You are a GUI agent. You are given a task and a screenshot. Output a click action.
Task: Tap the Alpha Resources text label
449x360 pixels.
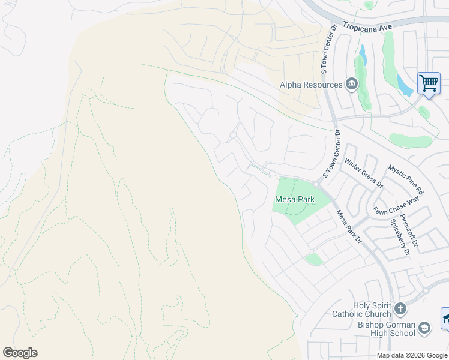[310, 85]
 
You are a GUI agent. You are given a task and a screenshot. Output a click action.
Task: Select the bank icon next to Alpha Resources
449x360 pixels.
[351, 85]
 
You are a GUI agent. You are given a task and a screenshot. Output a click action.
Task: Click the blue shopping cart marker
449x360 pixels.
[429, 83]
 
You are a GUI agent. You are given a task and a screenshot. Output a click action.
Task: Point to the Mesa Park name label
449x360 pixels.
[295, 199]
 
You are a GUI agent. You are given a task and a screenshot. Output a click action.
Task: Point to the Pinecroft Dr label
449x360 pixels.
[411, 231]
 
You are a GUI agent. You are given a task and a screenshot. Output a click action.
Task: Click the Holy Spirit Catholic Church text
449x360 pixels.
[362, 310]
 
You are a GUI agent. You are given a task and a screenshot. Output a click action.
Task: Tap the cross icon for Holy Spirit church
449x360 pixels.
[400, 310]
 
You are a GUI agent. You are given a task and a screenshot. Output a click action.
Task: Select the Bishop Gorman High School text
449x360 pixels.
[385, 329]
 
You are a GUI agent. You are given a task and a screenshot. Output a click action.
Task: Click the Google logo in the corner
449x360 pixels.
[20, 353]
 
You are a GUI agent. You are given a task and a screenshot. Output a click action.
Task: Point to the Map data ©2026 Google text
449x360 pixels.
[412, 355]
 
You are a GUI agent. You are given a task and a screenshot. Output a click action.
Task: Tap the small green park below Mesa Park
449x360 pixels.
[313, 259]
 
